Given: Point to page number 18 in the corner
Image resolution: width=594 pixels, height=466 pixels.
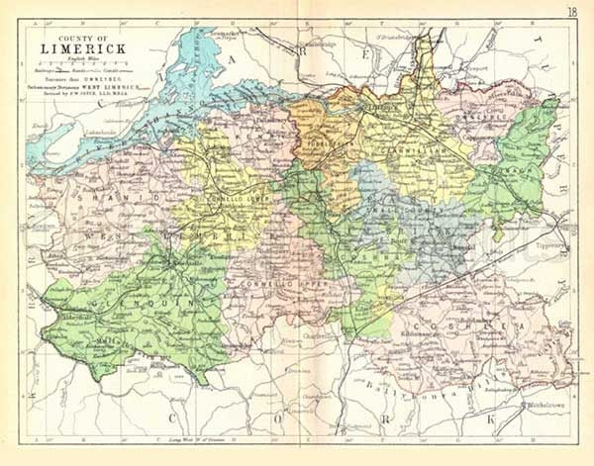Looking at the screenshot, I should point(574,11).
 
